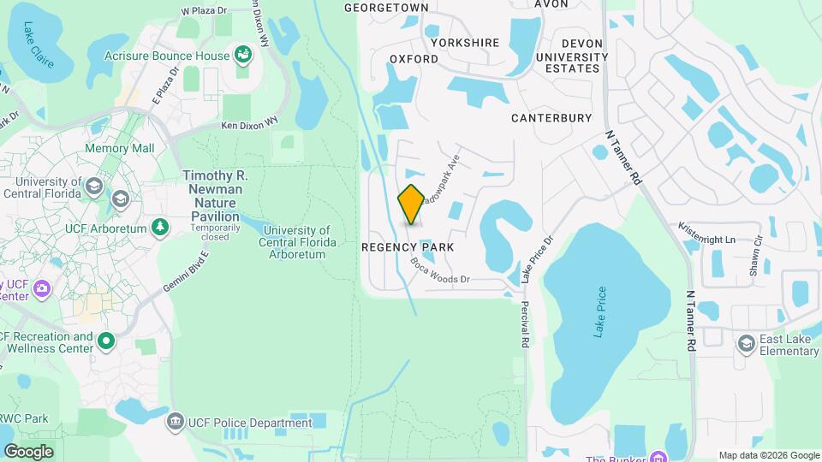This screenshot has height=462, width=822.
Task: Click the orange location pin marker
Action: tap(411, 204)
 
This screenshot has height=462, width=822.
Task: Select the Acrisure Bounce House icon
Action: tap(244, 56)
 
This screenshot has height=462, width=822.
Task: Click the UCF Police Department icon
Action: tap(176, 423)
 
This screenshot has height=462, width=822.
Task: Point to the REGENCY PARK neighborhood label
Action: tap(407, 246)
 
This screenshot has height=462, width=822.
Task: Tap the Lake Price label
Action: tap(599, 311)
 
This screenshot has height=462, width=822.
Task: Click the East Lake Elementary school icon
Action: tap(747, 343)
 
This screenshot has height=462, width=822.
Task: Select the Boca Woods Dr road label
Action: tap(440, 270)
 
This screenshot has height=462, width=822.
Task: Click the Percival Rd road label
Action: tap(524, 323)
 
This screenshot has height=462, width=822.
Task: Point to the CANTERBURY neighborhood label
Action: tap(551, 118)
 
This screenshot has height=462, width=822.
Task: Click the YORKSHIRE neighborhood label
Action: tap(465, 42)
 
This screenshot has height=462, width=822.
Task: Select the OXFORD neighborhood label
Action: tap(414, 59)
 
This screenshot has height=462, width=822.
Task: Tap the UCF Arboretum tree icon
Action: tap(159, 227)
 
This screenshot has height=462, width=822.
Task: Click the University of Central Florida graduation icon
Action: tap(120, 198)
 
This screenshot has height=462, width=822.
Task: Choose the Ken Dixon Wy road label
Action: tap(250, 125)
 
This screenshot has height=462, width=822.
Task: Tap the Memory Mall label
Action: tap(119, 148)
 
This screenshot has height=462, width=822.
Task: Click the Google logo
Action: tap(28, 451)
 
